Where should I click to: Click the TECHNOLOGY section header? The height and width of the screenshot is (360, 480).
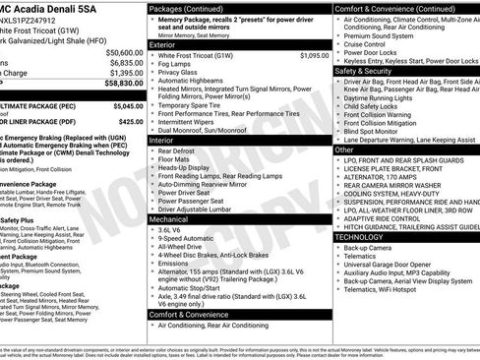[x=365, y=237]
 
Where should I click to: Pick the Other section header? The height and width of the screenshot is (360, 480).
[x=346, y=150]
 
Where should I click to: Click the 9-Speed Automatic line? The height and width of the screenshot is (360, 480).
[x=190, y=238]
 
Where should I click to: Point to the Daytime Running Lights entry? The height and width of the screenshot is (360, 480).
[x=385, y=98]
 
